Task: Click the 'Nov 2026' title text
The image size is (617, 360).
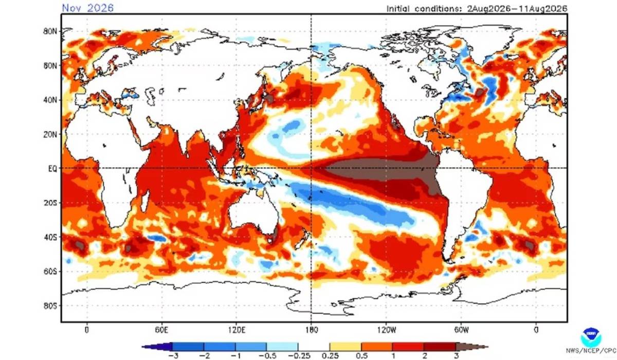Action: pyautogui.click(x=87, y=8)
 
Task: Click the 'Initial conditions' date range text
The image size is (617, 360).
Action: pyautogui.click(x=477, y=9)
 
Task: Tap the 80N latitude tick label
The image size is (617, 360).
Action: pyautogui.click(x=50, y=31)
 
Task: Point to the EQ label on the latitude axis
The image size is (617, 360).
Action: pyautogui.click(x=52, y=168)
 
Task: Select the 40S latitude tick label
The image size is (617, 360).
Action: pyautogui.click(x=50, y=237)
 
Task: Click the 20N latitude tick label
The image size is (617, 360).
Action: pyautogui.click(x=50, y=135)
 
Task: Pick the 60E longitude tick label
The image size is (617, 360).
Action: pyautogui.click(x=161, y=330)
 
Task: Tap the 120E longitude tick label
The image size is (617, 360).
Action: pyautogui.click(x=237, y=330)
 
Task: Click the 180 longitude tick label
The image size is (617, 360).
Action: pyautogui.click(x=311, y=330)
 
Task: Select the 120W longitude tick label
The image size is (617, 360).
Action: pyautogui.click(x=387, y=330)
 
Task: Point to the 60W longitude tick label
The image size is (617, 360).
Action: pyautogui.click(x=461, y=330)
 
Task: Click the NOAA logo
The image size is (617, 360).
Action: pyautogui.click(x=591, y=337)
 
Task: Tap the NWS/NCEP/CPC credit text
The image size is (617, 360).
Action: pyautogui.click(x=591, y=351)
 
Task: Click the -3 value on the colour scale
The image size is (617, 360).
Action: pyautogui.click(x=173, y=355)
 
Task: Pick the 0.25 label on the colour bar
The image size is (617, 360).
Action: pyautogui.click(x=330, y=355)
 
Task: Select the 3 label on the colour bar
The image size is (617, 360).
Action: pyautogui.click(x=457, y=355)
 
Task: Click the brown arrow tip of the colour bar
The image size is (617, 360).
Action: pyautogui.click(x=487, y=347)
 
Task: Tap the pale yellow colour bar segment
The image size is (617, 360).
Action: pyautogui.click(x=346, y=347)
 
